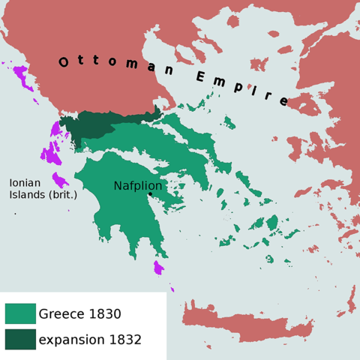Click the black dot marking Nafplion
(150, 194)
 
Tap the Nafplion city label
(138, 185)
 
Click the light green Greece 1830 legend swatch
(20, 313)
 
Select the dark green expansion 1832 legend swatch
(20, 339)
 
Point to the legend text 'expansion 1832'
(90, 339)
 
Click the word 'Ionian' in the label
(25, 183)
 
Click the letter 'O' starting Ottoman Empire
(64, 62)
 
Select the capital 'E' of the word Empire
(201, 76)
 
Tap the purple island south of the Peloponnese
(158, 268)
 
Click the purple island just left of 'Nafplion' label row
(60, 181)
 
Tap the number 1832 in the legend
(125, 339)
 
